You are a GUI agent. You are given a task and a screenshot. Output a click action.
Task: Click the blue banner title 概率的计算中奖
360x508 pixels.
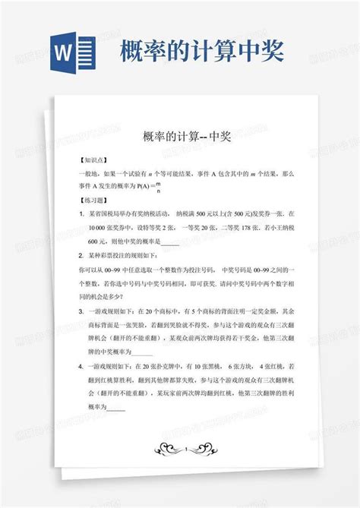203,51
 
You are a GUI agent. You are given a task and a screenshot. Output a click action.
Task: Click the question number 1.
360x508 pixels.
81,214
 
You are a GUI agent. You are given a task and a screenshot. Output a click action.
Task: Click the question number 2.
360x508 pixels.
81,255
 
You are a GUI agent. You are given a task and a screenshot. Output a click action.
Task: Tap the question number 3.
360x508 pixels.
81,311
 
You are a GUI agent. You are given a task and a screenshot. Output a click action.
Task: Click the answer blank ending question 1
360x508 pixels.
170,242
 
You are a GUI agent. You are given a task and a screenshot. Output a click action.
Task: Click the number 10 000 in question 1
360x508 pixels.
99,228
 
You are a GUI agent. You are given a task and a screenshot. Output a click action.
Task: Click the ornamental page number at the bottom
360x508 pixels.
180,449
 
